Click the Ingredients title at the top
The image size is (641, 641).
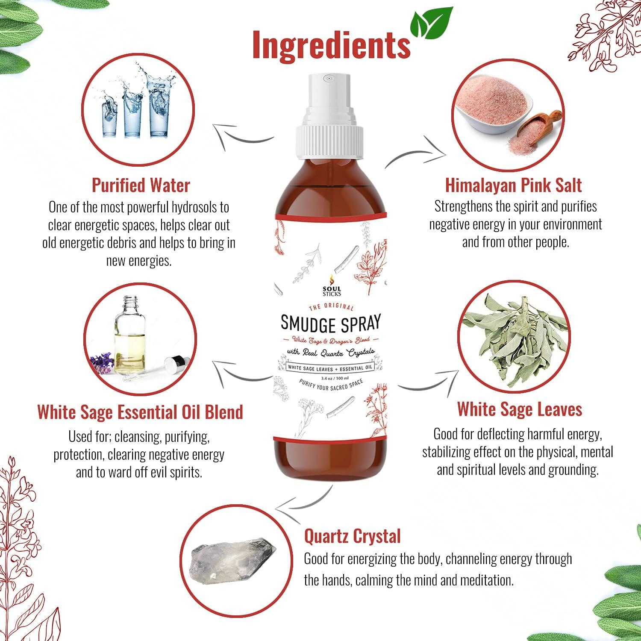331,44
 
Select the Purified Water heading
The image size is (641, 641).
141,185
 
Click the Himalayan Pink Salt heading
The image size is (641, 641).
513,185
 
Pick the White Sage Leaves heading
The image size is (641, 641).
520,409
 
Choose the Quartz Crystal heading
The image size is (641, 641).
352,536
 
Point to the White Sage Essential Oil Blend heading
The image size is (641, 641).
140,412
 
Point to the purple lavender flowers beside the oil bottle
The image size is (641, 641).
102,362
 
